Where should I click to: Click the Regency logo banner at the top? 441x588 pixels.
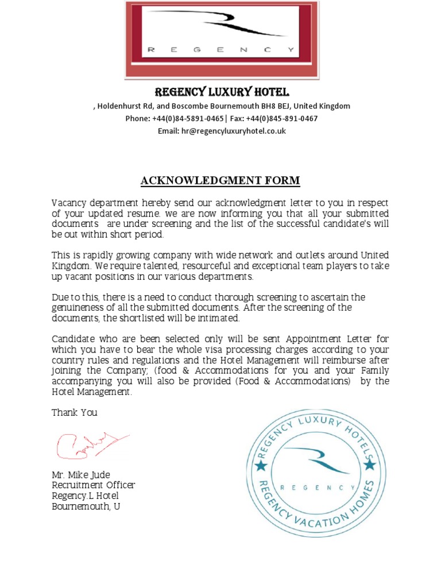click(222, 39)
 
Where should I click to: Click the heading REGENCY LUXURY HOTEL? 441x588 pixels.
click(222, 92)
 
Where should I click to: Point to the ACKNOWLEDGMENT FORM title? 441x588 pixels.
click(220, 181)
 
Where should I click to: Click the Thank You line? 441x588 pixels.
click(75, 412)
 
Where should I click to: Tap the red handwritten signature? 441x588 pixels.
click(89, 443)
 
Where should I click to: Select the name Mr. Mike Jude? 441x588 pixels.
click(81, 475)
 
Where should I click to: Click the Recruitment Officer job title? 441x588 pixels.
click(94, 485)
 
